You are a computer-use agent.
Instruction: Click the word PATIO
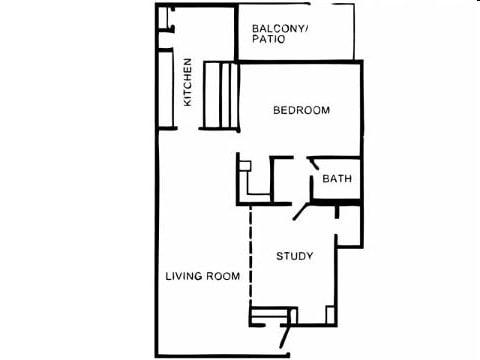269,41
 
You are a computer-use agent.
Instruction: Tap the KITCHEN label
187,82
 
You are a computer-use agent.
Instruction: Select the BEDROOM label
301,110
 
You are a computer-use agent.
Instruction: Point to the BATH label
336,180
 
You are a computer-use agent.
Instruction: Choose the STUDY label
295,256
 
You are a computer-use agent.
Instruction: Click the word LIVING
184,276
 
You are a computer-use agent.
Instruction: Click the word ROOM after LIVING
223,276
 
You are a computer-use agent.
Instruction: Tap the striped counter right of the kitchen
219,95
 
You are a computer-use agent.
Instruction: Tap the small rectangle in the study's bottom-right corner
331,314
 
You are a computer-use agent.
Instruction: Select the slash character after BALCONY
308,28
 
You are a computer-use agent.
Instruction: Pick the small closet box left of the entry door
268,317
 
